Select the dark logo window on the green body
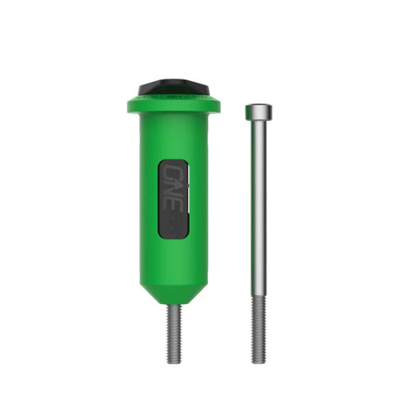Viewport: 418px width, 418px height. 172,198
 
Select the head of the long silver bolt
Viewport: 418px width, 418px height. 258,111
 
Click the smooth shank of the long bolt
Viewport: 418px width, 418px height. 258,209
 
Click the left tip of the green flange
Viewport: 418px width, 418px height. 129,106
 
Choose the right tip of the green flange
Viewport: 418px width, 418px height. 218,106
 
